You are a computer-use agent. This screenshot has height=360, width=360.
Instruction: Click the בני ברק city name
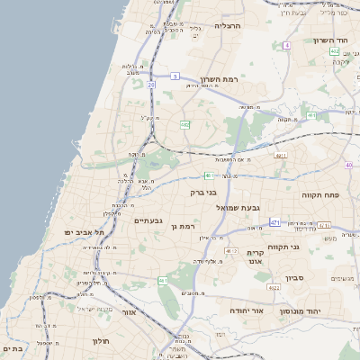[x=204, y=192]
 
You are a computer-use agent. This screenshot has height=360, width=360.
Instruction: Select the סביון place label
[x=296, y=279]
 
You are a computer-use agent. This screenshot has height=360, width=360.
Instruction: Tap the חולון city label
[x=99, y=341]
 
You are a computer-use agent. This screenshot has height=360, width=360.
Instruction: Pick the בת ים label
[x=12, y=347]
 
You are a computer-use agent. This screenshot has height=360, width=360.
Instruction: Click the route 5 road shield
[x=175, y=76]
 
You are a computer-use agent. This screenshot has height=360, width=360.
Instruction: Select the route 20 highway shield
[x=152, y=85]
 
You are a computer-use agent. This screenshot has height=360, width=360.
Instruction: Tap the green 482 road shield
[x=184, y=125]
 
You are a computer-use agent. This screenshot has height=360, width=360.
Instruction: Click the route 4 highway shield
[x=286, y=45]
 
